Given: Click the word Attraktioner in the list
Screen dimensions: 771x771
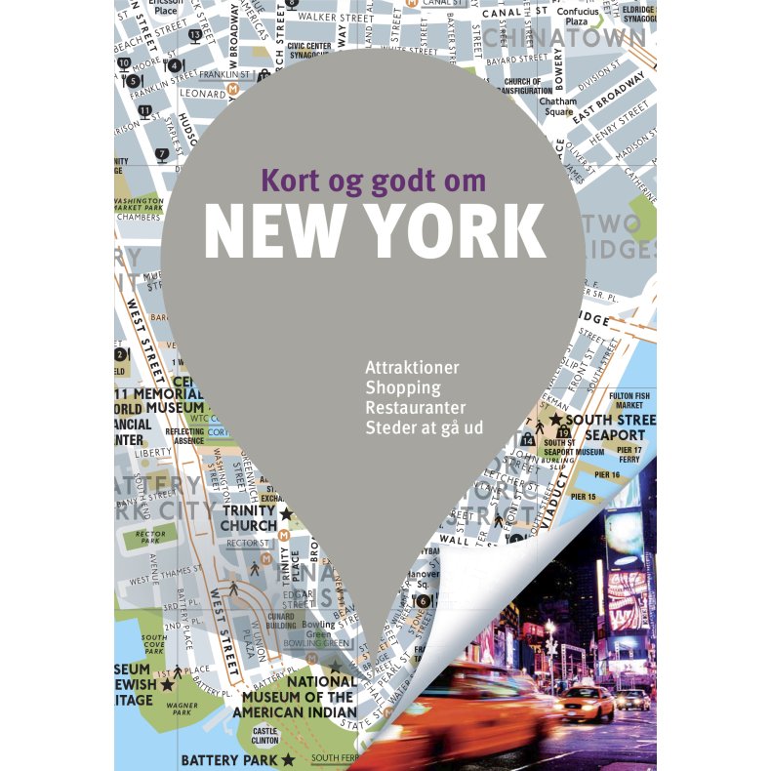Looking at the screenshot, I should click(412, 368).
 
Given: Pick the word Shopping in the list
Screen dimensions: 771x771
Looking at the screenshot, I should click(402, 387).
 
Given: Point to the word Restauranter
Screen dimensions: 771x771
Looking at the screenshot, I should click(415, 407).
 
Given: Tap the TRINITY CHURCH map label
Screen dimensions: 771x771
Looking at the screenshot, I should click(249, 518).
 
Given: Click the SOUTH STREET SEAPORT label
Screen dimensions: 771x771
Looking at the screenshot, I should click(610, 426).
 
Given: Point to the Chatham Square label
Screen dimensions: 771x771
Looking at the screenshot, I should click(557, 106).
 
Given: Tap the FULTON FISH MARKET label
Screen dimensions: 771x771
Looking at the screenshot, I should click(629, 399).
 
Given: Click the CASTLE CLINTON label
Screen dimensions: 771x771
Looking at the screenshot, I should click(265, 735).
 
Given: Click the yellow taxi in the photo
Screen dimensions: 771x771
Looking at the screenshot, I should click(586, 702).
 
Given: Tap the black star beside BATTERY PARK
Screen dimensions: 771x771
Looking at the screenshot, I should click(288, 758).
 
